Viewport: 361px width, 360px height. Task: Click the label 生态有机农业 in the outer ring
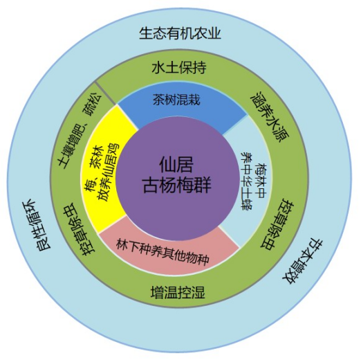click(180, 34)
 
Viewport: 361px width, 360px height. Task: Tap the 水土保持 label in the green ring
click(179, 67)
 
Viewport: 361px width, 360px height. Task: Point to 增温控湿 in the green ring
click(178, 292)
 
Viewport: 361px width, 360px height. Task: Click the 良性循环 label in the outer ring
click(36, 224)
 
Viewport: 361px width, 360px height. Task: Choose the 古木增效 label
click(302, 262)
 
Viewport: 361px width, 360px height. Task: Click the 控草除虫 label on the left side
click(80, 229)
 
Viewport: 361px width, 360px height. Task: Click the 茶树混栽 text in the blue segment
click(176, 100)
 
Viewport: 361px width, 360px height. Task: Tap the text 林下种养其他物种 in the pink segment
click(163, 252)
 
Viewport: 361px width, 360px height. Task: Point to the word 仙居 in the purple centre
click(176, 164)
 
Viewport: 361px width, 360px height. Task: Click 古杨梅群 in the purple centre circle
click(177, 185)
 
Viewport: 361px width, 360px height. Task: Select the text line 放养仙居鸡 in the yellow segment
click(109, 172)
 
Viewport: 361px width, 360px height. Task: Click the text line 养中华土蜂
click(246, 181)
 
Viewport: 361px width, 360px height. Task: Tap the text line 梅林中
click(261, 181)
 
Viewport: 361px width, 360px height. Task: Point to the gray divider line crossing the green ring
click(106, 93)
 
